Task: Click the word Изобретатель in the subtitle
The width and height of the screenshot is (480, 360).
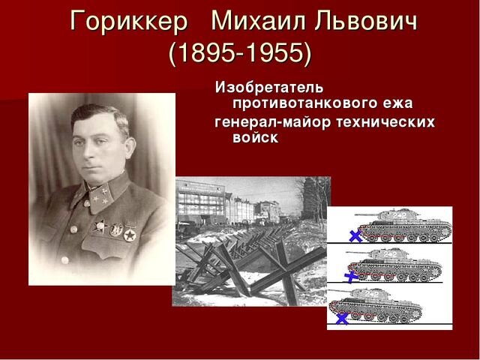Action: click(x=268, y=88)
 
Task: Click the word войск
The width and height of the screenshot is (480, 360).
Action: click(x=257, y=138)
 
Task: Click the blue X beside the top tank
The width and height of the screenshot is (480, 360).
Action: click(x=355, y=236)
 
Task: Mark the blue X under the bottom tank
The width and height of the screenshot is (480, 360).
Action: click(x=341, y=318)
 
